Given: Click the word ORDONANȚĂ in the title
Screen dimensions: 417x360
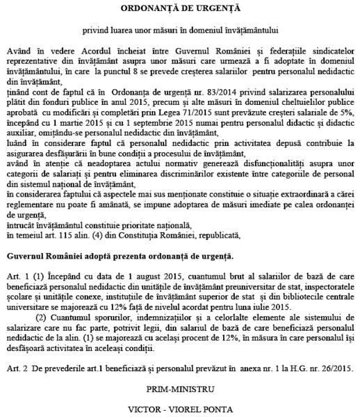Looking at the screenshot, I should [149, 8].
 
